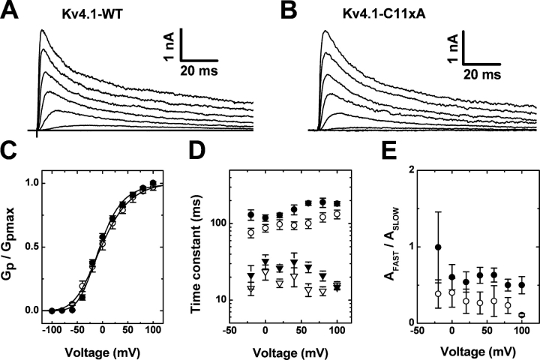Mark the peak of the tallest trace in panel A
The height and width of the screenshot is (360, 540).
tap(43, 31)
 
